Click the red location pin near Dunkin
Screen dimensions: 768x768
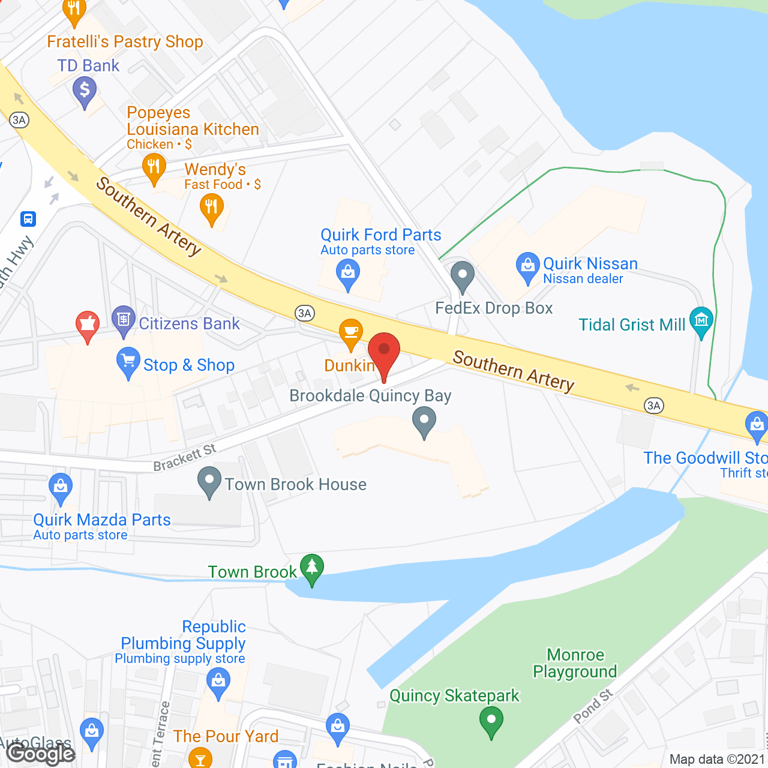coord(384,351)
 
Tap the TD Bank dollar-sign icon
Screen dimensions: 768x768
coord(85,91)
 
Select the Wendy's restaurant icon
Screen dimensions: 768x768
coord(211,208)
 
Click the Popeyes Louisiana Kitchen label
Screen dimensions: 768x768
coord(193,121)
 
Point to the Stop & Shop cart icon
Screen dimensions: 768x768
coord(128,361)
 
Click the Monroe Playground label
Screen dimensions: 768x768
coord(575,663)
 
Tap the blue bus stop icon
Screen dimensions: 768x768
coord(28,219)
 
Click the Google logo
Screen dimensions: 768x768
coord(41,753)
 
